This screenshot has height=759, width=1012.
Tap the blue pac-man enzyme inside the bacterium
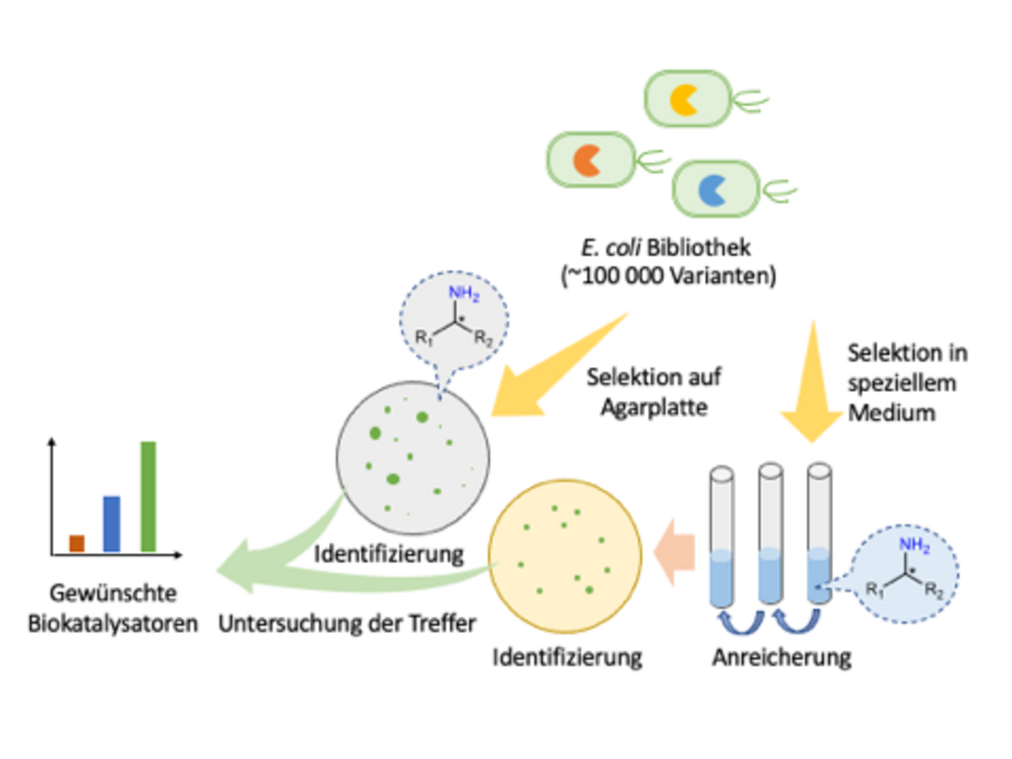[x=712, y=189]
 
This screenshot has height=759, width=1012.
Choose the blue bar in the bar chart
[x=111, y=523]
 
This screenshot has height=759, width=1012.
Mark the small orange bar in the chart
[x=77, y=542]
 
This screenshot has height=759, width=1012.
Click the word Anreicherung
[x=781, y=656]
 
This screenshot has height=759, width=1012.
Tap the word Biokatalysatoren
[x=113, y=624]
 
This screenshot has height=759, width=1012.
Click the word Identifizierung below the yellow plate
[x=568, y=656]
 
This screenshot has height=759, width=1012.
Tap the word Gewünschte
[x=113, y=593]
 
